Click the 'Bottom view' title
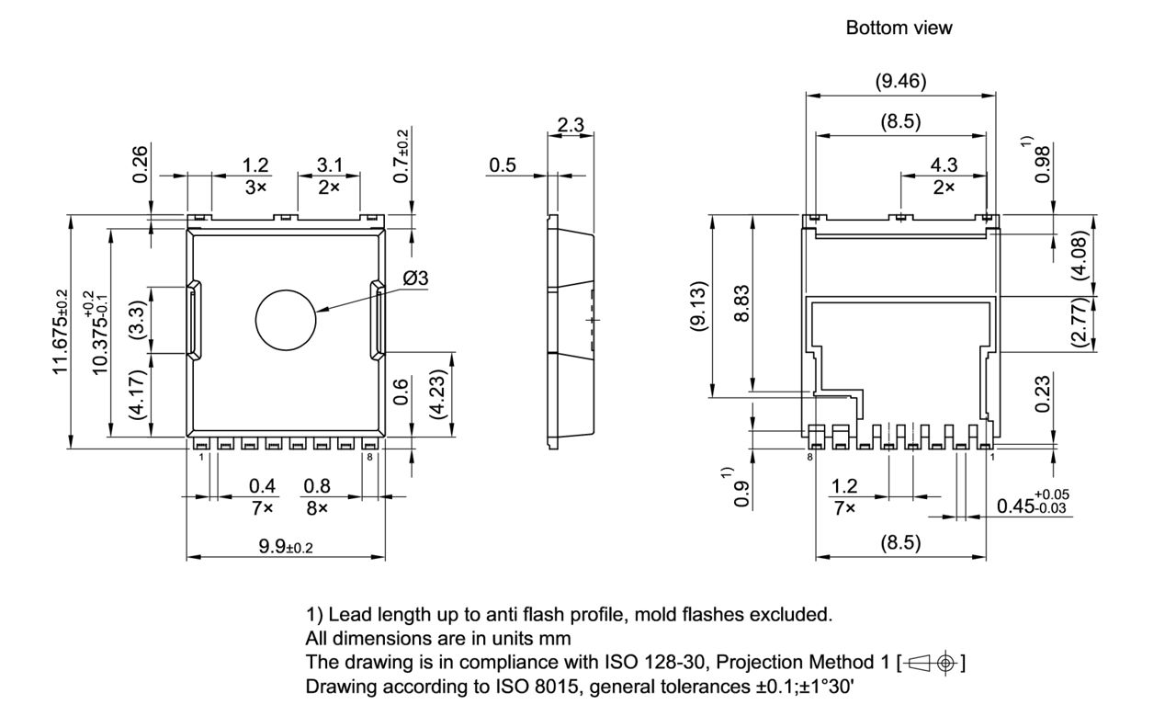tap(899, 28)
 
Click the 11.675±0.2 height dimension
tap(61, 331)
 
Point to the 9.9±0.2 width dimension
tap(286, 548)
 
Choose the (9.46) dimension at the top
tap(899, 82)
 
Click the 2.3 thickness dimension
tap(571, 125)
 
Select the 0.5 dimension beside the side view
tap(503, 165)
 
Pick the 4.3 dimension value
tap(944, 165)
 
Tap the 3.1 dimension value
tap(329, 165)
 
